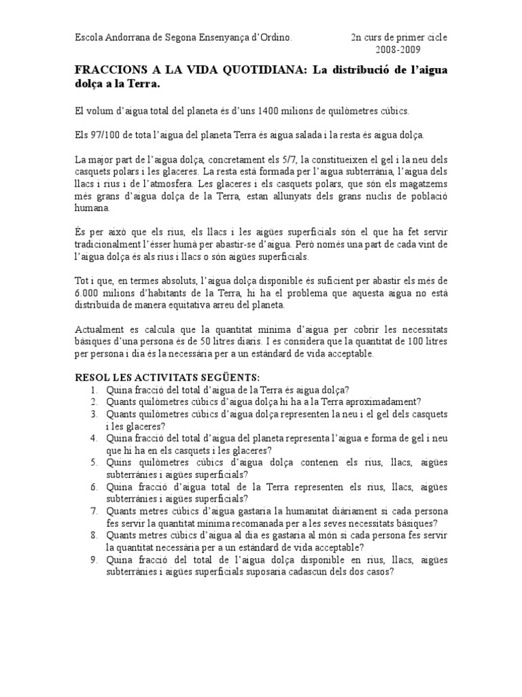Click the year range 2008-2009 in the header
tap(398, 50)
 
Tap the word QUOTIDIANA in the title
tap(256, 71)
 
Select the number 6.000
tap(87, 293)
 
